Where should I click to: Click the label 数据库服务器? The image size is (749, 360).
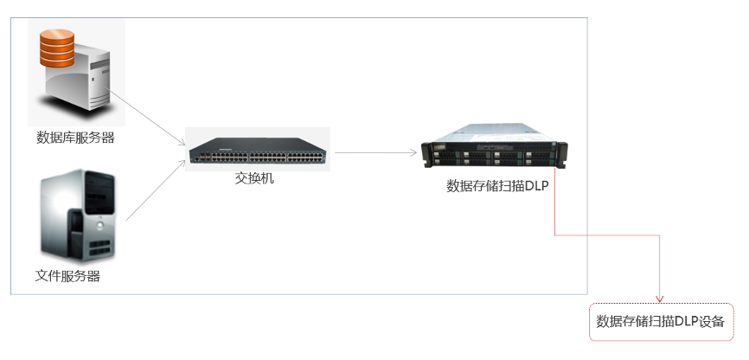[x=75, y=138]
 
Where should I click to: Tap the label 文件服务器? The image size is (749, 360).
[x=67, y=277]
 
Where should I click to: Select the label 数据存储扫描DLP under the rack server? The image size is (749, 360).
[x=498, y=185]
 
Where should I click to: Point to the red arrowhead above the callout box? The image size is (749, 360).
[x=660, y=299]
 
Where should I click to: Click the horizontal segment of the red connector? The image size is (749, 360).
[x=605, y=234]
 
